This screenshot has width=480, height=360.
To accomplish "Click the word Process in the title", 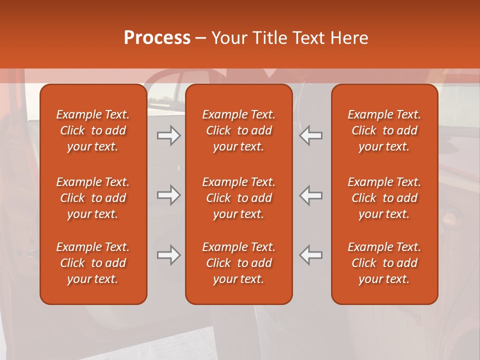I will [x=157, y=38].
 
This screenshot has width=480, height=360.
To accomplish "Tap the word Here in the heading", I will [x=349, y=38].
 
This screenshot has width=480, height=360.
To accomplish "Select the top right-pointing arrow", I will [x=169, y=135].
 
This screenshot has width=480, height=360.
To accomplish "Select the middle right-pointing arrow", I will [x=169, y=195].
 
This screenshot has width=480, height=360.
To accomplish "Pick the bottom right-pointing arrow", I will [x=169, y=255].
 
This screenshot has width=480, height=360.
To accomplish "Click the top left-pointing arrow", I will [x=311, y=135].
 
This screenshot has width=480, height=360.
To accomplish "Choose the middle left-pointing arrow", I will [x=311, y=195].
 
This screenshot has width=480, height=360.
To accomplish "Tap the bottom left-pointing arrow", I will [x=311, y=255].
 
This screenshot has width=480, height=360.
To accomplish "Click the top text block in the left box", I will [x=93, y=130].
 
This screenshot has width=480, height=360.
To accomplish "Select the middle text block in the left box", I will [x=93, y=198].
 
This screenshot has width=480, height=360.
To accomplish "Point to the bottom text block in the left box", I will [x=93, y=263].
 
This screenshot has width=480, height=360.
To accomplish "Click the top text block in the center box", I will [x=239, y=130].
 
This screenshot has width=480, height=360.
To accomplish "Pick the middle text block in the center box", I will [x=239, y=198].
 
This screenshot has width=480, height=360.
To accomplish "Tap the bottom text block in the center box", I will [x=239, y=263].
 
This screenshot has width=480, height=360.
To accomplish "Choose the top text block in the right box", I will [x=384, y=130].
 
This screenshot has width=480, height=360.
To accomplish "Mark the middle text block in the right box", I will [x=384, y=198].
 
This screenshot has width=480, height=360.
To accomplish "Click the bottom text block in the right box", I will [x=384, y=263].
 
